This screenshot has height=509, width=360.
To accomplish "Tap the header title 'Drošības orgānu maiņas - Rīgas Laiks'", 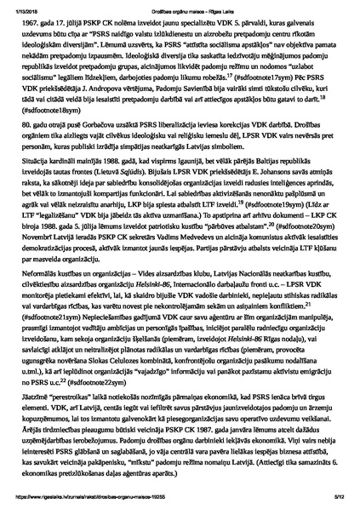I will pos(180,7).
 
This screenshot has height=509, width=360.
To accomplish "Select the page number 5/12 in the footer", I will pos(338,498).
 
